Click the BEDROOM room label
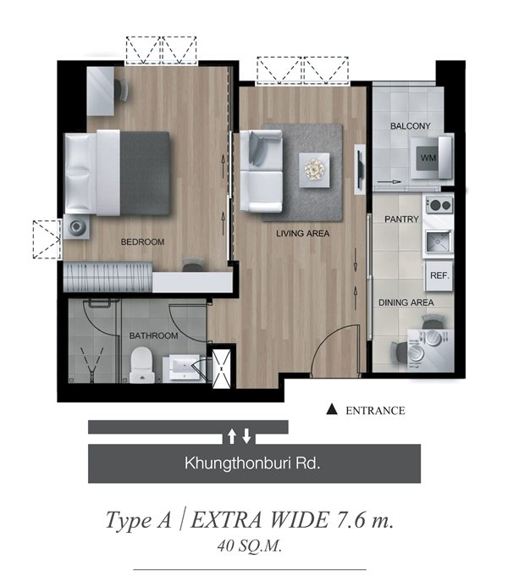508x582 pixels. coord(142,242)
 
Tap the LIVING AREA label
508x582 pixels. coord(303,234)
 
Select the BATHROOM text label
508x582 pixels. coord(153,336)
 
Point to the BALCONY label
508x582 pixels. coord(410,126)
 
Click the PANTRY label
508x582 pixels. coord(401,219)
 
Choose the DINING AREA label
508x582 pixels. coord(406,303)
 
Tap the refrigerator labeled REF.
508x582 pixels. coord(439,276)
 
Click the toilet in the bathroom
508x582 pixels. coord(142,365)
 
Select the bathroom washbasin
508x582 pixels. coord(183,368)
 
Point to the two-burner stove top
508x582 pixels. coord(439,204)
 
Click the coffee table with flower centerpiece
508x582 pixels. coord(314,170)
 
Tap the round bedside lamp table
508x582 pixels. coord(76,226)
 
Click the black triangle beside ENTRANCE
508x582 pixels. coord(332,409)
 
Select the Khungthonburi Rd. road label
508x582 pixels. coord(252,463)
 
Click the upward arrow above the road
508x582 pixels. coord(231,436)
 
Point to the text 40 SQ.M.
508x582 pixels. coord(250,546)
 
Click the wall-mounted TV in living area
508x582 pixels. coord(359,169)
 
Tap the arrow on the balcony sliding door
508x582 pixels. coord(389,182)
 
